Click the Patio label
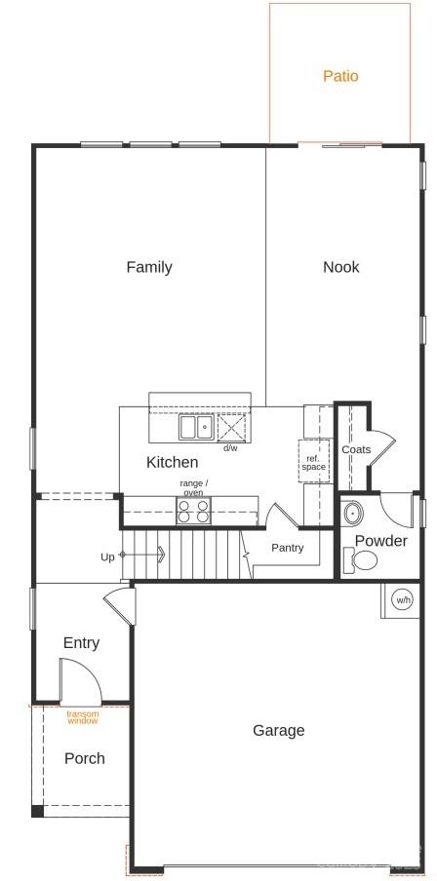[x=340, y=76]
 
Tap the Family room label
[x=149, y=267]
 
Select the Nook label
[x=341, y=267]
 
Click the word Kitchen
[x=173, y=462]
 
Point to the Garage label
[x=279, y=730]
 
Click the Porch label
[x=84, y=758]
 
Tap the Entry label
[x=81, y=643]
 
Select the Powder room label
[x=380, y=541]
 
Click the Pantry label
[x=288, y=548]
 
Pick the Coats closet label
[x=356, y=449]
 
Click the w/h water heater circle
[x=403, y=599]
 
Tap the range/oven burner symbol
[x=193, y=511]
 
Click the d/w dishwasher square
[x=231, y=427]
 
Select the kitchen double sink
[x=195, y=427]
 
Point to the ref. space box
[x=313, y=462]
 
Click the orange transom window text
[x=83, y=717]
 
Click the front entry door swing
[x=79, y=680]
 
